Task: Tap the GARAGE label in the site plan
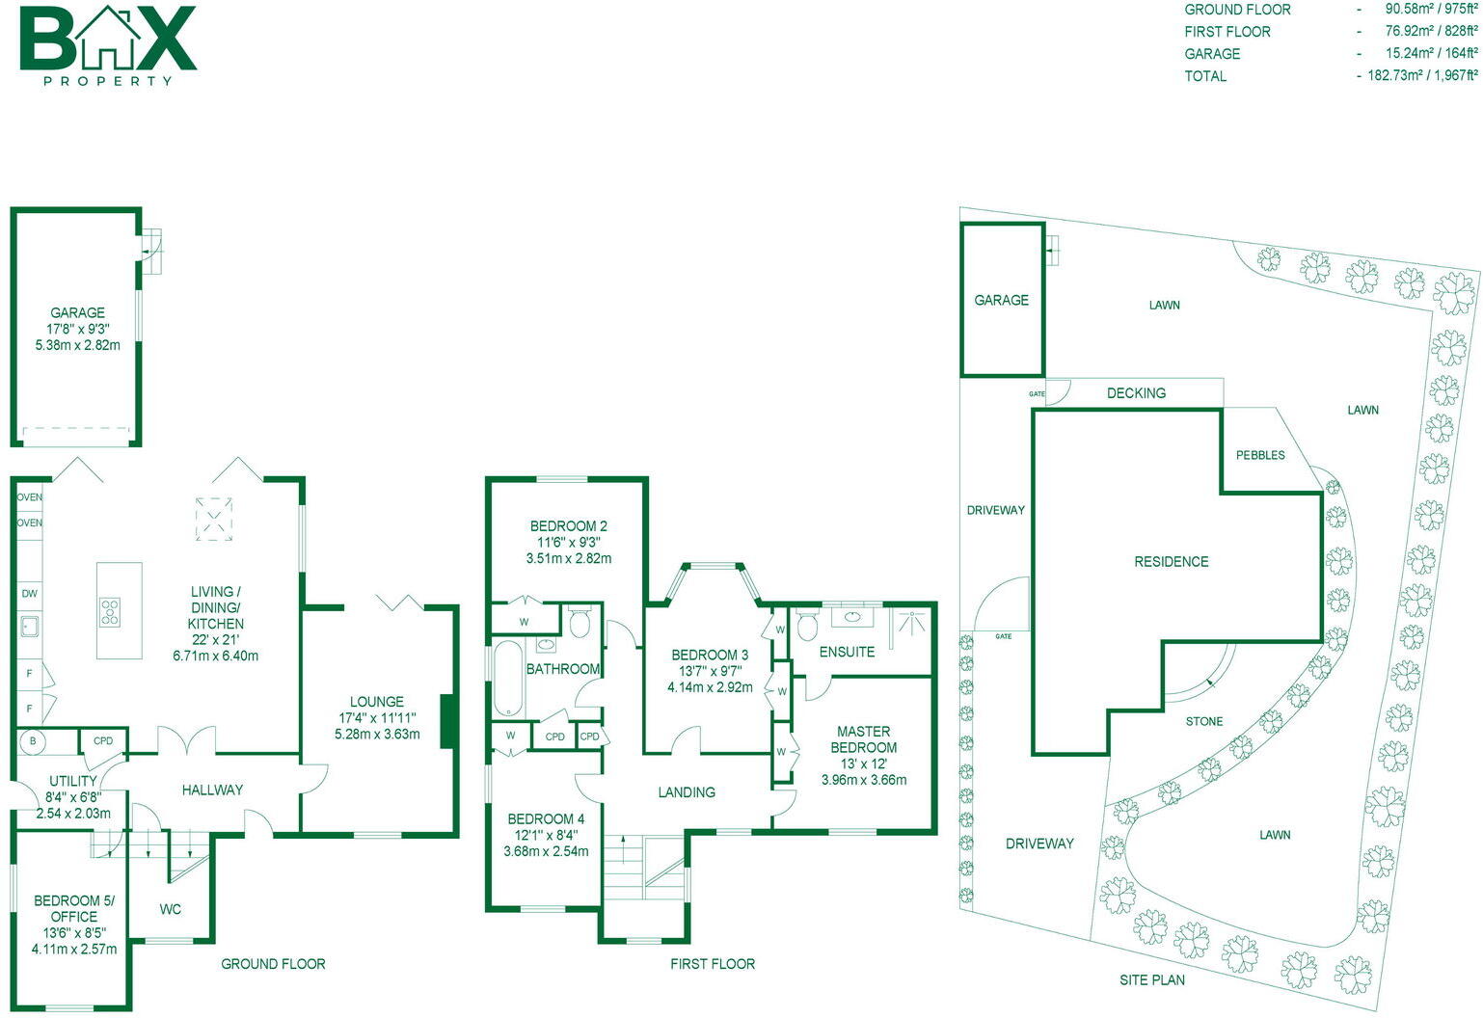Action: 1001,300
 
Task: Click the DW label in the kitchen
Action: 29,594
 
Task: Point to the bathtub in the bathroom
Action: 507,680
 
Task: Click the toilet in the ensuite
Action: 808,628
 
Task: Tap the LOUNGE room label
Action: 377,702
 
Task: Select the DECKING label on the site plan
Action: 1136,393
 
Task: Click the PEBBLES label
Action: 1260,455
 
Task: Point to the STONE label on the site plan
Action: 1203,721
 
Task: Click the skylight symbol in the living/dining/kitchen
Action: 214,517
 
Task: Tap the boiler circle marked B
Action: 34,741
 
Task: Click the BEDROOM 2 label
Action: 569,526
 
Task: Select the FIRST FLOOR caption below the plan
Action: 713,964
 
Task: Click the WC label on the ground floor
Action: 170,909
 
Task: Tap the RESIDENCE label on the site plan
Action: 1171,561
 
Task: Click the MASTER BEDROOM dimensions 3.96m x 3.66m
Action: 864,780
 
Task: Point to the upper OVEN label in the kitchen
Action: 29,497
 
